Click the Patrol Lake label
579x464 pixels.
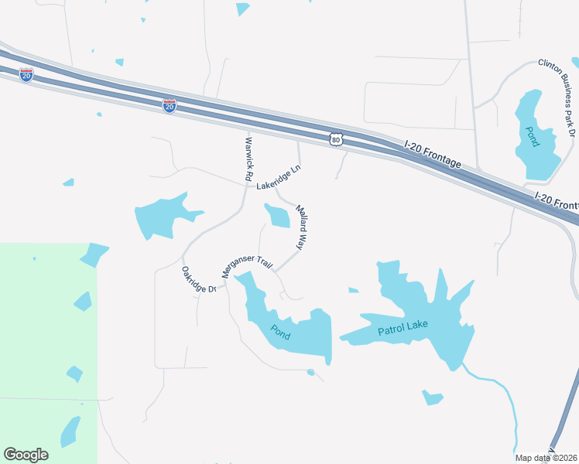tap(403, 329)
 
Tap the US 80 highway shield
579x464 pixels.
tap(335, 138)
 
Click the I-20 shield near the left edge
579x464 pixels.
tap(26, 75)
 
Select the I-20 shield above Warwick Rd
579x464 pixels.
tap(170, 105)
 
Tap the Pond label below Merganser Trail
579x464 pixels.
tap(281, 331)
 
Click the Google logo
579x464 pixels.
tap(26, 455)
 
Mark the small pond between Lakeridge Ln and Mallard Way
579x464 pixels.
tap(277, 216)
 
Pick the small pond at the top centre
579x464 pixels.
tap(242, 9)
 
